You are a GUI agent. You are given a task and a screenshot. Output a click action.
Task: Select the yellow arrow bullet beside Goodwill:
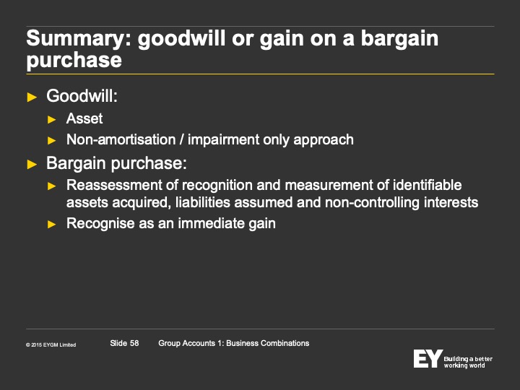click(x=32, y=97)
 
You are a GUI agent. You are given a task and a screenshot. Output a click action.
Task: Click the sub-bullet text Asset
click(x=84, y=118)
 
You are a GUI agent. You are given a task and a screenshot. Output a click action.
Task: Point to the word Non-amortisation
click(x=121, y=139)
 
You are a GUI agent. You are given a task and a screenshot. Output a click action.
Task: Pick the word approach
click(x=324, y=140)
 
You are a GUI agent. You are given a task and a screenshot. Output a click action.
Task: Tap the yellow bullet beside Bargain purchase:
click(x=32, y=164)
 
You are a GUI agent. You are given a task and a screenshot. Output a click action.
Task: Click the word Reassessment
click(x=114, y=185)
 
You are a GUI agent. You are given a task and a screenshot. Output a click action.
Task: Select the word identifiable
click(x=427, y=185)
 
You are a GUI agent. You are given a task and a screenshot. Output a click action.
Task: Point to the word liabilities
click(x=203, y=202)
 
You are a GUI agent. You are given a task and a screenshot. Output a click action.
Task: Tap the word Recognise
click(x=100, y=223)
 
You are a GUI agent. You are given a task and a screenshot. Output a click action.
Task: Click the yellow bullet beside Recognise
click(x=52, y=225)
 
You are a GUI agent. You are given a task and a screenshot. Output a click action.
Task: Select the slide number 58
click(x=134, y=343)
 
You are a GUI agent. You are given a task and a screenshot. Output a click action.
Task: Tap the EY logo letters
click(x=428, y=358)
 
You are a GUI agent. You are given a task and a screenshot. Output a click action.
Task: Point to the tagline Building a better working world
click(x=468, y=362)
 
